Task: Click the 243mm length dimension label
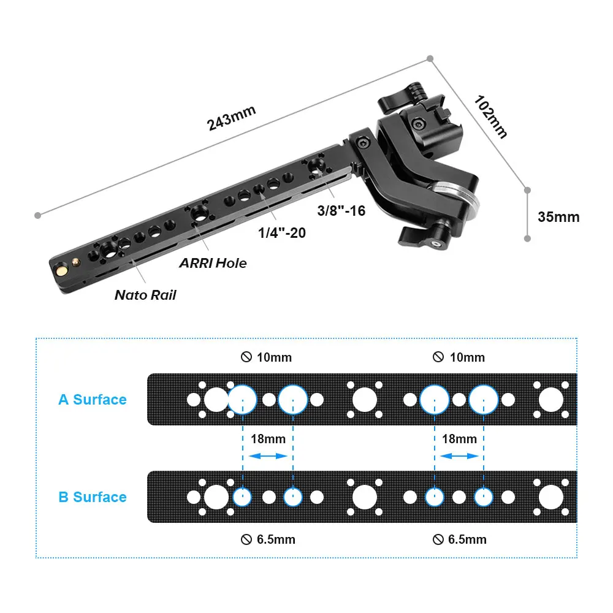[231, 118]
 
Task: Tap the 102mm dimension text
[490, 117]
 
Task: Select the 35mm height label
[558, 217]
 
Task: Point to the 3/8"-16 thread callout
[341, 211]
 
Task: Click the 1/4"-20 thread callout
[282, 233]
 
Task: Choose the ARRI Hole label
[213, 263]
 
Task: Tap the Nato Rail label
[145, 295]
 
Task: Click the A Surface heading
[93, 400]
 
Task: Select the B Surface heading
[93, 497]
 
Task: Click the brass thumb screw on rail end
[61, 269]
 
